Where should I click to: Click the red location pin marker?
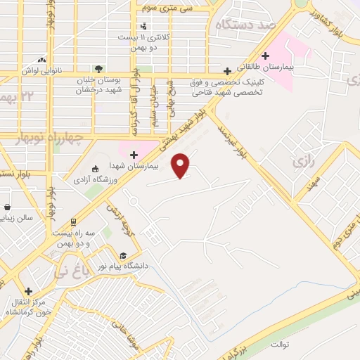[x=181, y=165]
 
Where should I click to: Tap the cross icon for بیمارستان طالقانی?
[x=265, y=56]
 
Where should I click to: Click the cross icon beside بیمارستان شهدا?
[x=134, y=153]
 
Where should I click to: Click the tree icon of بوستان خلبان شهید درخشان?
[x=99, y=70]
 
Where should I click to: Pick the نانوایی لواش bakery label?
[x=42, y=71]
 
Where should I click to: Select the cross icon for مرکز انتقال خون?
[x=28, y=291]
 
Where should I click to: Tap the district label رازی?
[x=302, y=162]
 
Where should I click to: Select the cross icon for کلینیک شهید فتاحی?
[x=227, y=71]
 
